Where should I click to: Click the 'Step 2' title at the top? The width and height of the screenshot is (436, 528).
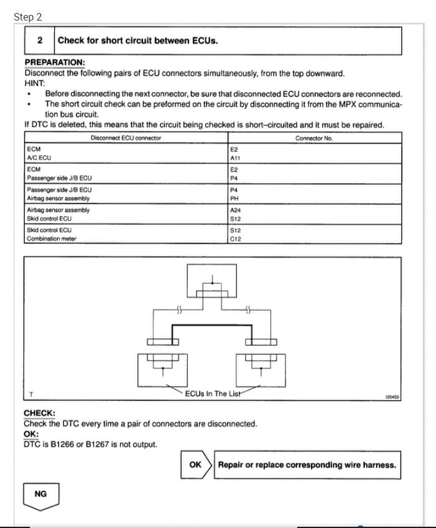(24, 17)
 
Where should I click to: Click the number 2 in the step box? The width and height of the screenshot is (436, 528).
(40, 40)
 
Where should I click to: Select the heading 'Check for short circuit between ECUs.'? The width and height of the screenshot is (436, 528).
(137, 40)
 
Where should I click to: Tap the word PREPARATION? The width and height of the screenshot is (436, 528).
(55, 63)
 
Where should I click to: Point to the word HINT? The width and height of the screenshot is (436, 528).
(35, 82)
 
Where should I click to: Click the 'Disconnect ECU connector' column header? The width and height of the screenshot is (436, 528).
(126, 138)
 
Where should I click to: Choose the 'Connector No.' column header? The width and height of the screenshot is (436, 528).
(314, 138)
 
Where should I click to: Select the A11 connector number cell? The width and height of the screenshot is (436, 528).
(235, 158)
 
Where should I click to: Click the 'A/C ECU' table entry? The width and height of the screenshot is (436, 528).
(40, 158)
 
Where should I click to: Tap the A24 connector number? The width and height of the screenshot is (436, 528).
(235, 210)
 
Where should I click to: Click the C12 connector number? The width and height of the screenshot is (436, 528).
(235, 238)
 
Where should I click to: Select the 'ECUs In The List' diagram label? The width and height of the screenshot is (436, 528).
(212, 393)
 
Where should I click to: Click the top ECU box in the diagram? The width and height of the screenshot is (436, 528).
(212, 281)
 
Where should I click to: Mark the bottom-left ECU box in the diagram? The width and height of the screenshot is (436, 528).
(162, 367)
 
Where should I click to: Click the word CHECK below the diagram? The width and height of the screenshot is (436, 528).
(39, 413)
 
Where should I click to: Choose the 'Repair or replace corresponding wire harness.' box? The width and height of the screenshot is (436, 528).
(307, 464)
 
